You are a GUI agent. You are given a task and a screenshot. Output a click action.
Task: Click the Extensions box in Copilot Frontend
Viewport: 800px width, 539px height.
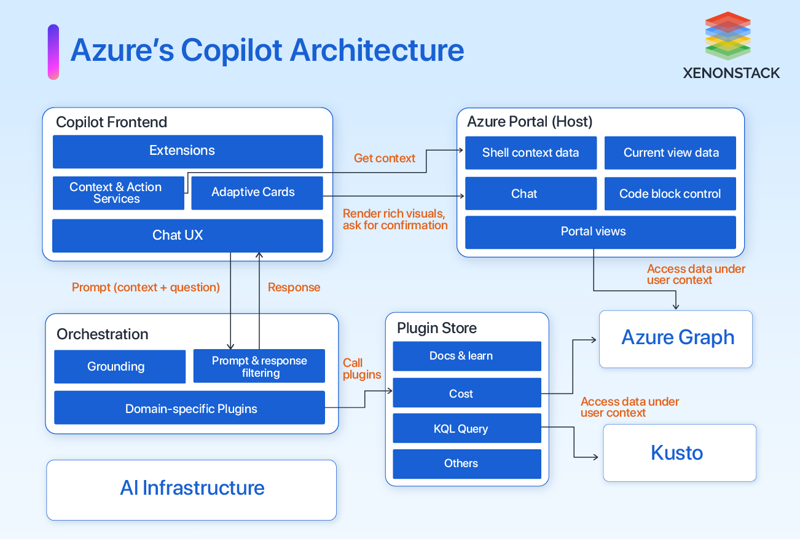[187, 151]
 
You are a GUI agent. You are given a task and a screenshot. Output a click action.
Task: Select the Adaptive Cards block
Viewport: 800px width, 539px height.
[257, 193]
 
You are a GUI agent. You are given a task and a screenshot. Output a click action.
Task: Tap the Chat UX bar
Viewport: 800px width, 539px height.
[187, 235]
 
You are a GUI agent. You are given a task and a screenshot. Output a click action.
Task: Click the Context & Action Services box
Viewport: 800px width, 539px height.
[117, 193]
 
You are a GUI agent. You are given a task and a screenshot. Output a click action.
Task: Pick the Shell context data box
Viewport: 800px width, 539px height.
[530, 153]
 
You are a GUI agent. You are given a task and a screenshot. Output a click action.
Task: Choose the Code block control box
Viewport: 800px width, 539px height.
[670, 194]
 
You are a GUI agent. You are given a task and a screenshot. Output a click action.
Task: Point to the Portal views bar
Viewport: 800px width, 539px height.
[600, 232]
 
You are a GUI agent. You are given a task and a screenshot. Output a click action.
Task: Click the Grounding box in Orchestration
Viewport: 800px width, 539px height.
[120, 367]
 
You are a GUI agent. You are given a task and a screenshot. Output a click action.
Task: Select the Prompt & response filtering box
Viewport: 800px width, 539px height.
[259, 367]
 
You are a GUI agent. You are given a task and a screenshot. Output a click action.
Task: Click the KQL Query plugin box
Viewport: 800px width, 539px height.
[466, 429]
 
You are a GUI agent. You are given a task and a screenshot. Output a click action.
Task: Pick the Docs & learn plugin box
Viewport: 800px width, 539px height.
[466, 356]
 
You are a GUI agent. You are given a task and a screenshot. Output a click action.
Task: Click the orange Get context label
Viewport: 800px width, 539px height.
[385, 159]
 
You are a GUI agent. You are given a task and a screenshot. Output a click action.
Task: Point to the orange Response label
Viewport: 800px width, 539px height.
[294, 288]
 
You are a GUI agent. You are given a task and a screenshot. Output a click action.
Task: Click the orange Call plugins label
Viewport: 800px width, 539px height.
[361, 369]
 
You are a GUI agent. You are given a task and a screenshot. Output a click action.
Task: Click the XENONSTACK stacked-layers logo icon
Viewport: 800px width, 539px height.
[727, 36]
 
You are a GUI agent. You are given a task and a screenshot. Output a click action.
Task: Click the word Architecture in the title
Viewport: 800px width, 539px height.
[377, 50]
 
